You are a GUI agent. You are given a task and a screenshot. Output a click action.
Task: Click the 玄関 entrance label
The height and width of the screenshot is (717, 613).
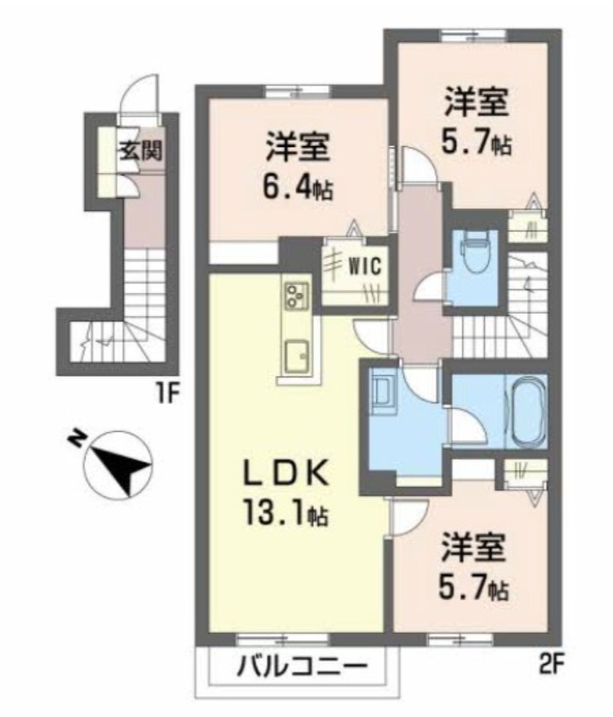142,150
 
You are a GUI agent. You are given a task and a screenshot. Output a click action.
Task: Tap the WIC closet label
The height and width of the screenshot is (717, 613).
365,266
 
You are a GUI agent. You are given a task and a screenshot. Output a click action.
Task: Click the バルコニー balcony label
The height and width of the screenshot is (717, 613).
302,669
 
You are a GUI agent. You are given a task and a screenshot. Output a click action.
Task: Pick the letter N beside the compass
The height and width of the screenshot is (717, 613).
75,438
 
